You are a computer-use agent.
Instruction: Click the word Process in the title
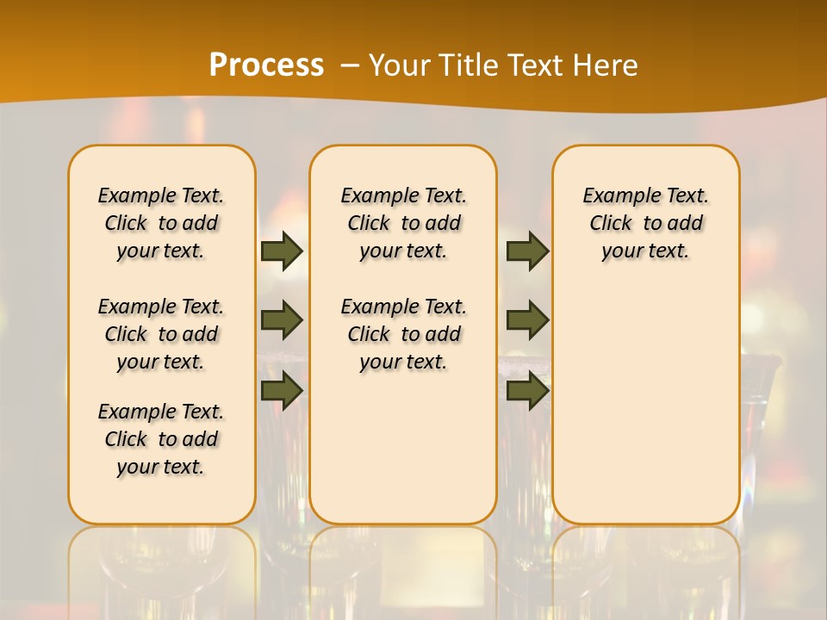(265, 65)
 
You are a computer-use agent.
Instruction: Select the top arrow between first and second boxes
(282, 251)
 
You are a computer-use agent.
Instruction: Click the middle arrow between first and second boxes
(282, 320)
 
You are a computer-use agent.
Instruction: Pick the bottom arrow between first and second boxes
(282, 391)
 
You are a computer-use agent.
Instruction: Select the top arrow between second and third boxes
(527, 251)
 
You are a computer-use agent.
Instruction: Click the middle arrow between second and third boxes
(527, 320)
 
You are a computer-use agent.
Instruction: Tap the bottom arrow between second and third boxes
(527, 391)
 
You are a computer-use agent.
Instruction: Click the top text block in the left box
(161, 223)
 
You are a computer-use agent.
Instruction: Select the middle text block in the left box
(161, 334)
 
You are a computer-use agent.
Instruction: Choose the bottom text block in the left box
(161, 439)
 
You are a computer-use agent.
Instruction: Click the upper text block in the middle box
(403, 223)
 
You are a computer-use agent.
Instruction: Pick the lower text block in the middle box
(403, 334)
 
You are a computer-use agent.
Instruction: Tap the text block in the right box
(645, 223)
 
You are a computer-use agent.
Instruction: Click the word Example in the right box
(615, 196)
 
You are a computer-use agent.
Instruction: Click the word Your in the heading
(400, 65)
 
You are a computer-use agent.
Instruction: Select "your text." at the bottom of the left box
(161, 467)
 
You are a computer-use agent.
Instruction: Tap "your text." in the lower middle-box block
(403, 362)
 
